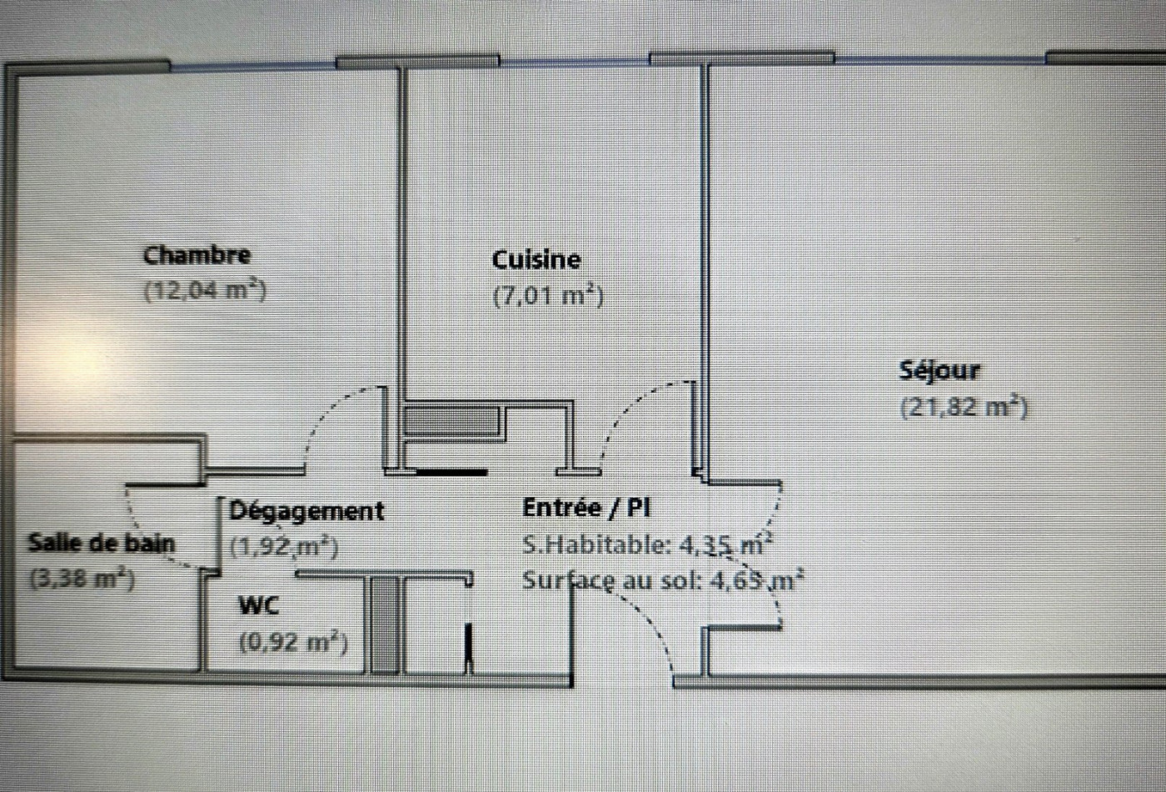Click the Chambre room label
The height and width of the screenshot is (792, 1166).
point(197,254)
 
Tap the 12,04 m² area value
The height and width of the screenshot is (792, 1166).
point(205,291)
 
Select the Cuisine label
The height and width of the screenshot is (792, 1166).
point(536,259)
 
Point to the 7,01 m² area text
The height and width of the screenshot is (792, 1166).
point(548,296)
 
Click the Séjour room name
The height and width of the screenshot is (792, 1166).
point(939,370)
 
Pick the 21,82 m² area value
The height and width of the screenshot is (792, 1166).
point(964,408)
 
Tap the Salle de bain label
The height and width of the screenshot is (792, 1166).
point(102,543)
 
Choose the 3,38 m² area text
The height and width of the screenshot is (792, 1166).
point(82,579)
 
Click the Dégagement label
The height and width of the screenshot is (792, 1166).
point(306,510)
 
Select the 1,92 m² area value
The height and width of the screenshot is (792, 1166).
point(283,548)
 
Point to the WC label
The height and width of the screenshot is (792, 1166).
point(259,605)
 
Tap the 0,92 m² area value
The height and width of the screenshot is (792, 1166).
point(293,643)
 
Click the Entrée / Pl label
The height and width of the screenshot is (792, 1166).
point(585,507)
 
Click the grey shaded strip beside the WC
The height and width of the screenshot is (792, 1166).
point(384,624)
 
